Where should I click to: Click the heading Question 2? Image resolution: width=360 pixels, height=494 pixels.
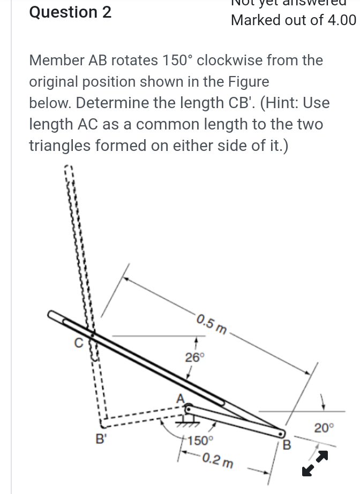70,12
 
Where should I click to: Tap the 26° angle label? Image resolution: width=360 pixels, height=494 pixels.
195,358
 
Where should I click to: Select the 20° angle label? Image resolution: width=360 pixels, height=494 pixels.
324,428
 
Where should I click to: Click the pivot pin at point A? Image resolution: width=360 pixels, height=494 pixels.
189,409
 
